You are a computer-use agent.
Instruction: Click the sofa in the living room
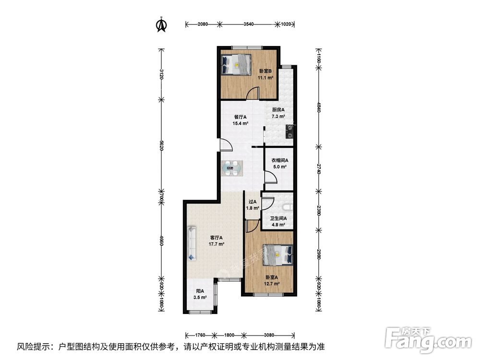[192, 243]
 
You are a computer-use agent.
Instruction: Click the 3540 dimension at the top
[248, 23]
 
